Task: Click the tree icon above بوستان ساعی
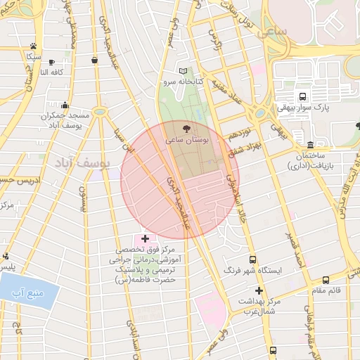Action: (x=186, y=129)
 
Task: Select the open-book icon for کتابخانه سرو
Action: (x=184, y=71)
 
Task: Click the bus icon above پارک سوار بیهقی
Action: (x=302, y=96)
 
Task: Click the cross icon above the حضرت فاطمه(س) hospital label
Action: (x=146, y=239)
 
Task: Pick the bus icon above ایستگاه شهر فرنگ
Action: (x=252, y=259)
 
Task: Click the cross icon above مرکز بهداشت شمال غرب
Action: (x=259, y=290)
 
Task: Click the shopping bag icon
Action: (x=94, y=60)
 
